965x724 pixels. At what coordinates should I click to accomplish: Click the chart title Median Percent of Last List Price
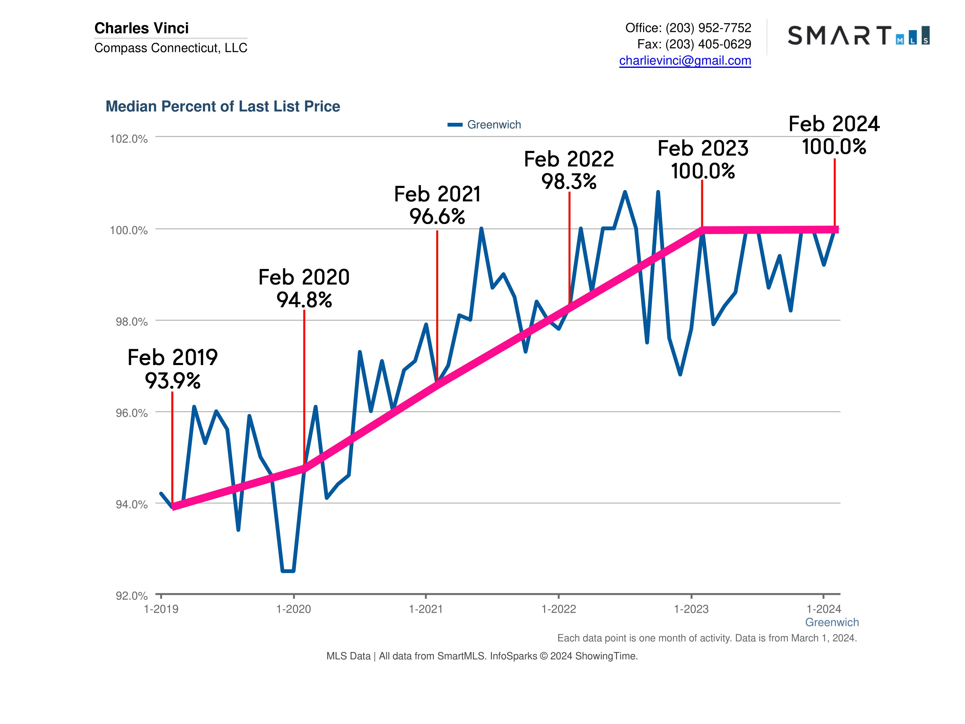(x=223, y=107)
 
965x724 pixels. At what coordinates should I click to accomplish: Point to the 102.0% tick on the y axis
(x=128, y=139)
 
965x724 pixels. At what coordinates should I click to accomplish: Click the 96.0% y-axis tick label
(x=131, y=413)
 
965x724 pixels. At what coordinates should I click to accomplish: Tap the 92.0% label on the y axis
(x=131, y=596)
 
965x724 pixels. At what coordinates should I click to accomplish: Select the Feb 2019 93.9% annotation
(x=173, y=369)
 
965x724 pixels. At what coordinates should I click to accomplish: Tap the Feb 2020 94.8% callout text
(x=304, y=288)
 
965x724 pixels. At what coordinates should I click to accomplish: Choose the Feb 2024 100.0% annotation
(x=834, y=135)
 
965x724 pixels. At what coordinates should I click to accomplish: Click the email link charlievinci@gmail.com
(x=685, y=61)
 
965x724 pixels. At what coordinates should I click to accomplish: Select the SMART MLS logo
(x=858, y=35)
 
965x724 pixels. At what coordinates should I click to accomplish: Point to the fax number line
(x=694, y=44)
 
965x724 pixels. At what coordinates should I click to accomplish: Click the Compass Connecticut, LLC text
(x=171, y=48)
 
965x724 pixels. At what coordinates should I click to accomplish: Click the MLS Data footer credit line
(x=482, y=656)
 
